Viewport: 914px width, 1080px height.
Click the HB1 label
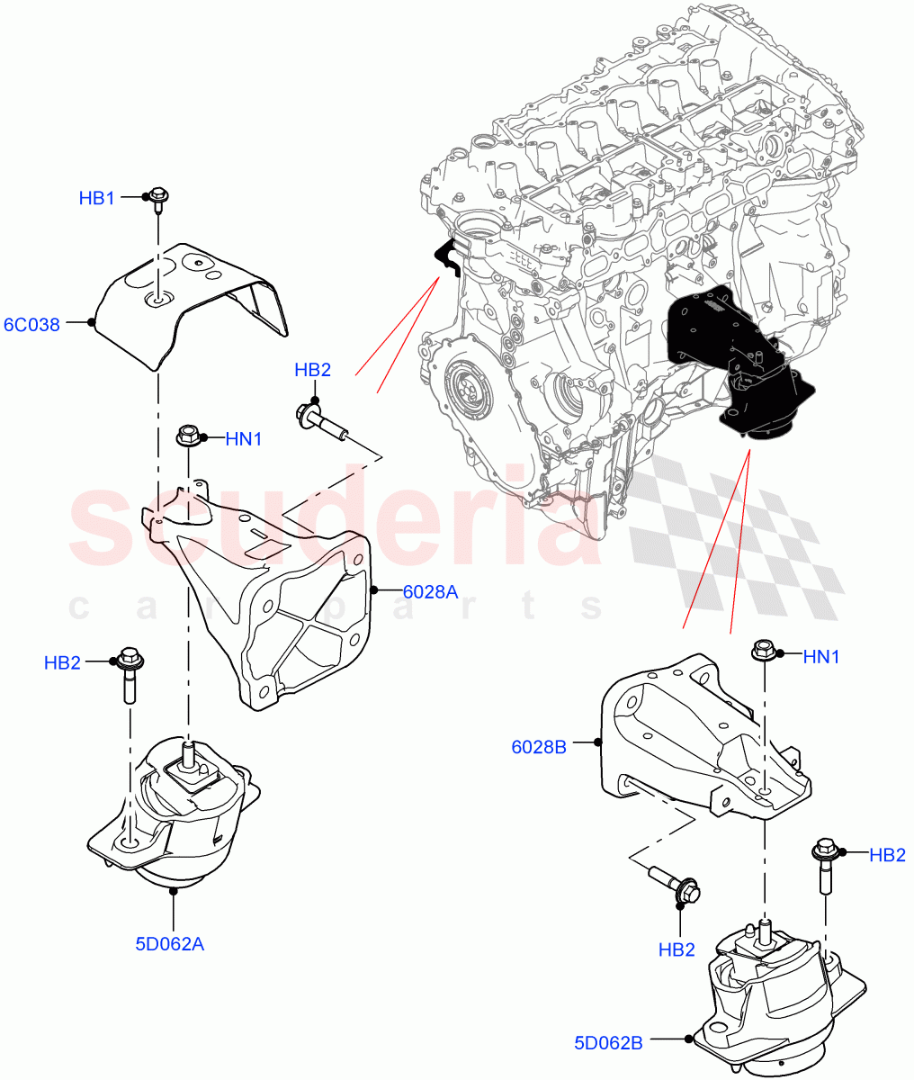click(x=96, y=198)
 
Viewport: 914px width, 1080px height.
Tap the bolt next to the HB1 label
click(x=157, y=198)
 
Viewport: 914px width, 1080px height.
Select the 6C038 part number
click(x=31, y=324)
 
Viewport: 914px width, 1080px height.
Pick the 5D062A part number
click(x=169, y=944)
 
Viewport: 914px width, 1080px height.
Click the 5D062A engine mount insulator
click(x=175, y=810)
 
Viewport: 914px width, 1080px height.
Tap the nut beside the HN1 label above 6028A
click(x=188, y=436)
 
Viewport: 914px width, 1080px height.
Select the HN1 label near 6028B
click(x=820, y=657)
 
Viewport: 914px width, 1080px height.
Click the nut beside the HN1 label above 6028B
click(x=763, y=649)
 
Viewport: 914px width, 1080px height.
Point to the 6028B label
click(x=539, y=746)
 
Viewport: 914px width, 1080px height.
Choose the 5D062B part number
click(x=608, y=1043)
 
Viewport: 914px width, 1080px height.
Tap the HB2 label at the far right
click(x=887, y=855)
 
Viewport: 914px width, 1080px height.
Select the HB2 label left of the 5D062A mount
click(x=62, y=663)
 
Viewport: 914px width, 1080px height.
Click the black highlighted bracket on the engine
click(x=738, y=360)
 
